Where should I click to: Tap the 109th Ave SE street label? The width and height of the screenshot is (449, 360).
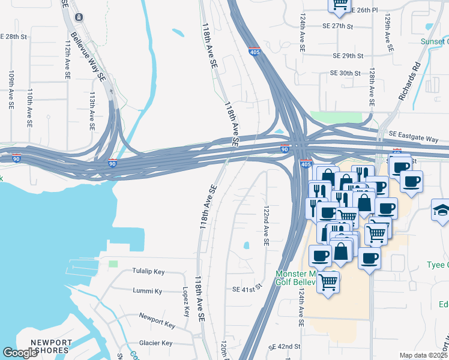(x=11, y=90)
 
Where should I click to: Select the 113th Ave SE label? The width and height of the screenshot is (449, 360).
(x=92, y=111)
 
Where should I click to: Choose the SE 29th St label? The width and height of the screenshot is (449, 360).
(x=348, y=56)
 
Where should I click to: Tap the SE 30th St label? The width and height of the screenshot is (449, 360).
(x=345, y=73)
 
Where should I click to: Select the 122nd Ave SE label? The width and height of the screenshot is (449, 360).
(x=266, y=226)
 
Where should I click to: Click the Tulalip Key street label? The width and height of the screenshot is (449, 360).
(x=148, y=271)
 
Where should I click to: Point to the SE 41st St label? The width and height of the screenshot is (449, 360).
(x=248, y=289)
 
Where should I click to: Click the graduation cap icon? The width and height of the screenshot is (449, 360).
(x=441, y=211)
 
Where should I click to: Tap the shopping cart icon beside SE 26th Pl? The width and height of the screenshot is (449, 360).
(x=340, y=5)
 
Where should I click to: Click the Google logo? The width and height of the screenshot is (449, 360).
(x=20, y=353)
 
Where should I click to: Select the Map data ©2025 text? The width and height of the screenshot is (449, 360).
(x=423, y=355)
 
